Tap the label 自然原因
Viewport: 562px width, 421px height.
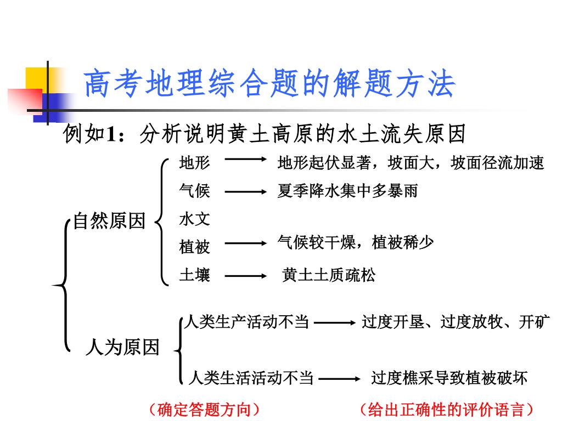(x=109, y=221)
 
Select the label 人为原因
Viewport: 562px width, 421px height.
(x=122, y=347)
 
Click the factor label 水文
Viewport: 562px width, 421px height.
(x=194, y=219)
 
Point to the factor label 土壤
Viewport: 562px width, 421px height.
(x=194, y=275)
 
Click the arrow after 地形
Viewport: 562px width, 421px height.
(x=244, y=161)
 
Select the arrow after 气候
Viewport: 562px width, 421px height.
(x=244, y=192)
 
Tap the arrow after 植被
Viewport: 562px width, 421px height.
(x=244, y=243)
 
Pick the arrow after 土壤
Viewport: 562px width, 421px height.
(x=244, y=276)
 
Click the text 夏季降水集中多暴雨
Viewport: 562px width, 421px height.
(x=347, y=191)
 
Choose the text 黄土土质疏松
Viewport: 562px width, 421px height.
(x=329, y=275)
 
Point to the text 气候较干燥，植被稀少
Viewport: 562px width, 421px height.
(x=356, y=242)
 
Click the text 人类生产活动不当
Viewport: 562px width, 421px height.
(x=247, y=322)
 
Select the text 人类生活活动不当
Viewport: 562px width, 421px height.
(x=251, y=378)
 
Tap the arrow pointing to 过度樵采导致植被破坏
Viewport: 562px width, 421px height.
(x=339, y=378)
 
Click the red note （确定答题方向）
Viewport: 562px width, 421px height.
(x=204, y=409)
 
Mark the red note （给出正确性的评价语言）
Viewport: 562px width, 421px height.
(x=446, y=409)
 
